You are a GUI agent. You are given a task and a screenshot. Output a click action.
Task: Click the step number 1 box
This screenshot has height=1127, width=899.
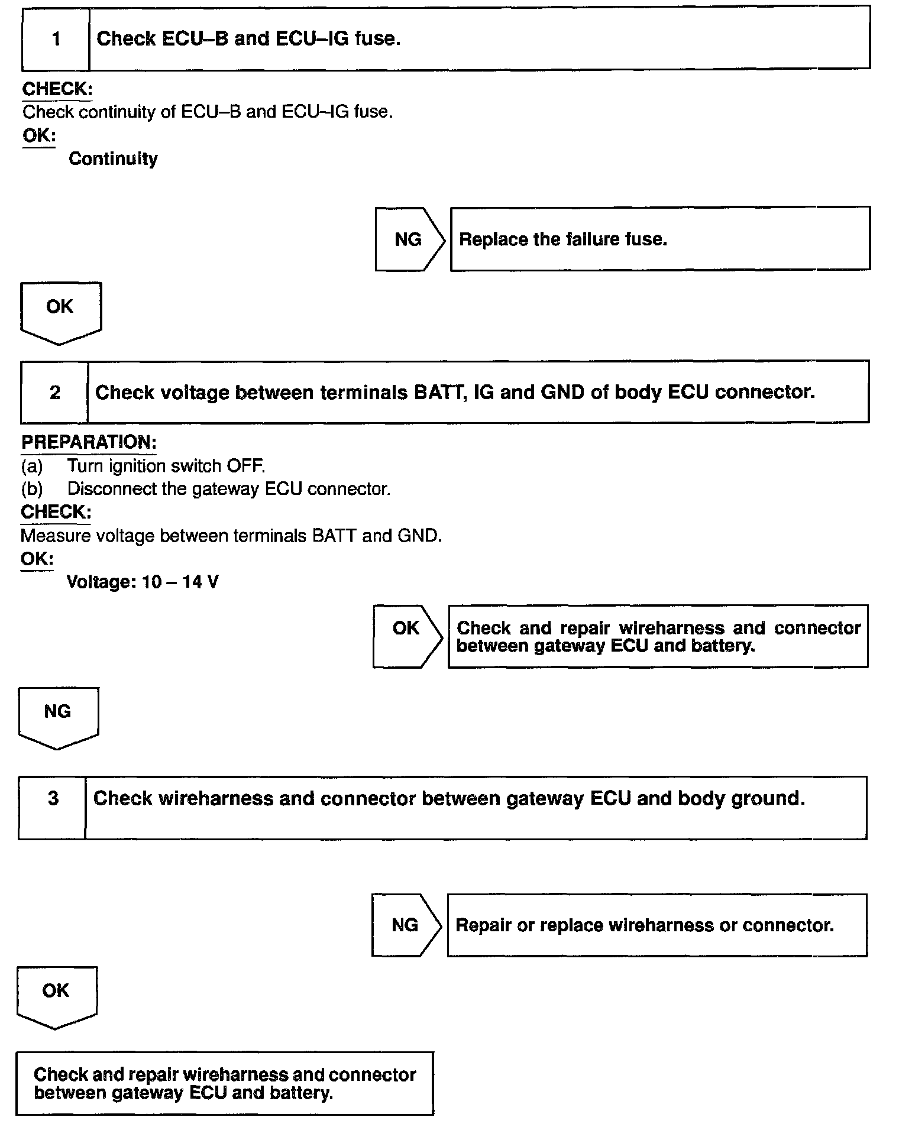point(56,39)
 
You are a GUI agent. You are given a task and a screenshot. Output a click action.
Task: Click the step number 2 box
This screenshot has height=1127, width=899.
point(54,392)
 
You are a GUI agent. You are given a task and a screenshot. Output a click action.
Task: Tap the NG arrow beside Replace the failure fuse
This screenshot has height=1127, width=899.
point(409,239)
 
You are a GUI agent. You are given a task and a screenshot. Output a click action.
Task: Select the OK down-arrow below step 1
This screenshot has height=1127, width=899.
point(60,311)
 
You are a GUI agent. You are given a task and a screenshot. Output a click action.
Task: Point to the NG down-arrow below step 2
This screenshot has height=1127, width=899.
point(58,715)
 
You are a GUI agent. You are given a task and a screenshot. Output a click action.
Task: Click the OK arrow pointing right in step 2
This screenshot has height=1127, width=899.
point(406,635)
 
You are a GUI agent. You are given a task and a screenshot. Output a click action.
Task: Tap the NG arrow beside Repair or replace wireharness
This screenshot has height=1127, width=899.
point(406,925)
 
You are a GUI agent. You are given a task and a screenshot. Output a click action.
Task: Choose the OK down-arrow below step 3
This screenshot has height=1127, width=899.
point(56,995)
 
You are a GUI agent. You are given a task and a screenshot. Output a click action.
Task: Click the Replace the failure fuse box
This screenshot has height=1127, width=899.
point(659,239)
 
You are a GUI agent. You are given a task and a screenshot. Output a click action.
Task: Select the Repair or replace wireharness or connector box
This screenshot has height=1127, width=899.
point(657,925)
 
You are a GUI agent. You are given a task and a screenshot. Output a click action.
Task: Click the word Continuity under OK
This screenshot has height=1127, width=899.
point(113,158)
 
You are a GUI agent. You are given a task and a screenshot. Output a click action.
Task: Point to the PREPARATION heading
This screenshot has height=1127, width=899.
point(89,442)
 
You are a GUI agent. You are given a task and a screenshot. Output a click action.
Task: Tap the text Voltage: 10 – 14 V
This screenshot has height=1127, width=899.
point(143,582)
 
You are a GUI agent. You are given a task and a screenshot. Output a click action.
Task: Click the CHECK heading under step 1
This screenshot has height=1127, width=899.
point(57,89)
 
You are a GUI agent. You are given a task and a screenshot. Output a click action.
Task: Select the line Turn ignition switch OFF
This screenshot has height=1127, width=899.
point(166,466)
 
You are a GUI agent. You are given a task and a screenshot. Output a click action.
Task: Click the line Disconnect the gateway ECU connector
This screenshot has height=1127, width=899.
point(228,489)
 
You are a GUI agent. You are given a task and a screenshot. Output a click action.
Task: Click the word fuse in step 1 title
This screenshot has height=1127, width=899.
point(377,38)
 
